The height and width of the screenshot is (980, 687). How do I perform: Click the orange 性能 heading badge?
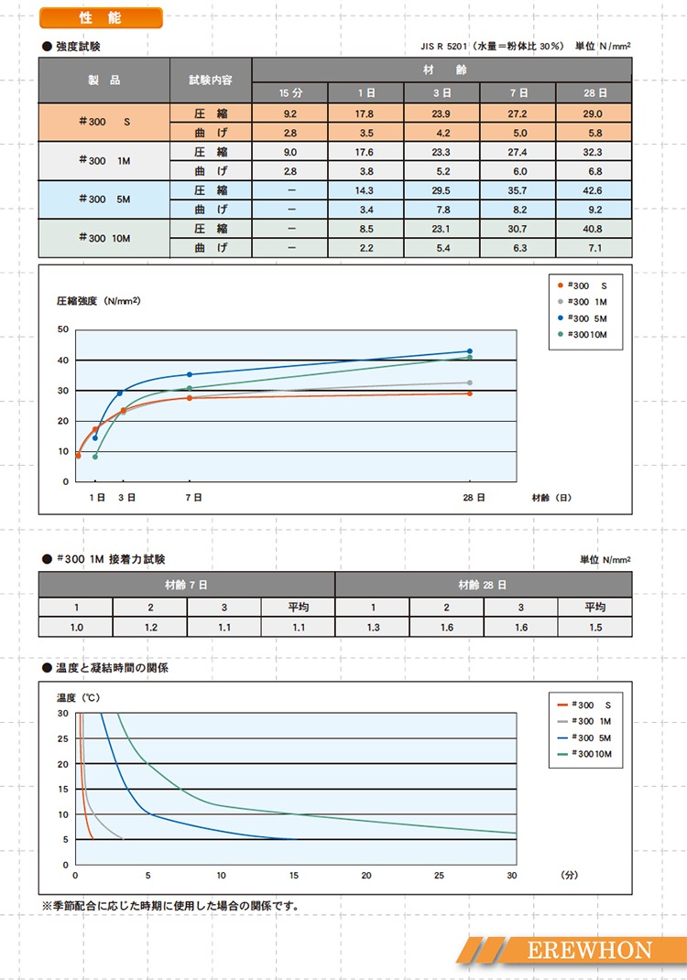(x=102, y=18)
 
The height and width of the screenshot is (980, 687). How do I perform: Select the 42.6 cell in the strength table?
(x=594, y=190)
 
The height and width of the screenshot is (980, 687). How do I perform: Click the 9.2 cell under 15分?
(x=290, y=114)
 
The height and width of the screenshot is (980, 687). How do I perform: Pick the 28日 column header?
(x=594, y=92)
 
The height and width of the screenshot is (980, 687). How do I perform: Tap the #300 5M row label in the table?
(x=104, y=199)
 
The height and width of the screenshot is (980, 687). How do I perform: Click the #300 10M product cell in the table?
(x=104, y=237)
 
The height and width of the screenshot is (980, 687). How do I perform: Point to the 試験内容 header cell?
(x=211, y=81)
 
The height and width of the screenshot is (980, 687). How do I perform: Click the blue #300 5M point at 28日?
(x=470, y=351)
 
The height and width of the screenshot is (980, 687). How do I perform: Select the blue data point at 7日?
(x=190, y=374)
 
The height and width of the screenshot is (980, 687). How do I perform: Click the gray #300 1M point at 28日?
(x=470, y=382)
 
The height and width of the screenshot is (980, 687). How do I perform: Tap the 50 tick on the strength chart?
(x=62, y=329)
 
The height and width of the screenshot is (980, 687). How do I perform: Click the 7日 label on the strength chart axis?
(x=193, y=497)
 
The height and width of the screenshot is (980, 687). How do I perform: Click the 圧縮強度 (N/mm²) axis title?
(x=98, y=300)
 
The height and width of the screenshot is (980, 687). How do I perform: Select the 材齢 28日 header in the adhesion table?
(x=483, y=585)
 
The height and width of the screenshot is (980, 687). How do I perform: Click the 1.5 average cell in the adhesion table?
(x=594, y=628)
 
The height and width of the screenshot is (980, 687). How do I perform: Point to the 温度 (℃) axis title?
(x=78, y=697)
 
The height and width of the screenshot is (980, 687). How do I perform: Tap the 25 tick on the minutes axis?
(x=440, y=876)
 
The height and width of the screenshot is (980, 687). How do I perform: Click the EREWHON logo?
(x=589, y=950)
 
